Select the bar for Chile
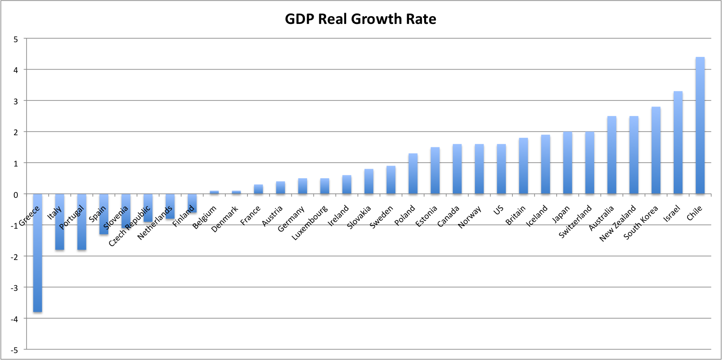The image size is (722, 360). click(700, 126)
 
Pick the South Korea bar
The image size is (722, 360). click(656, 150)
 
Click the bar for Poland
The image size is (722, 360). click(413, 174)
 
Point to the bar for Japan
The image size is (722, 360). click(568, 163)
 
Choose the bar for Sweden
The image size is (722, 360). click(391, 180)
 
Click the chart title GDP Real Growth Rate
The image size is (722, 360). click(361, 19)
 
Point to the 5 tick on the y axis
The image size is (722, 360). click(16, 39)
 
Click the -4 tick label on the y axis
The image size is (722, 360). click(14, 319)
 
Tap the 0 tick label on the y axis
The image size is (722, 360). click(16, 195)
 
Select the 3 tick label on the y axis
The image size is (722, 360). click(16, 101)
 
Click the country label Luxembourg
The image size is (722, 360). click(309, 223)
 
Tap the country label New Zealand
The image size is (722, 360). click(618, 223)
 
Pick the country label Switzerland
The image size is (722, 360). click(575, 221)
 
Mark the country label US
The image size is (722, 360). click(498, 210)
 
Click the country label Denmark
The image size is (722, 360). click(224, 219)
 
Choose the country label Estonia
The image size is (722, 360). click(426, 217)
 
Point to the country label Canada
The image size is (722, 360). click(448, 217)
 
